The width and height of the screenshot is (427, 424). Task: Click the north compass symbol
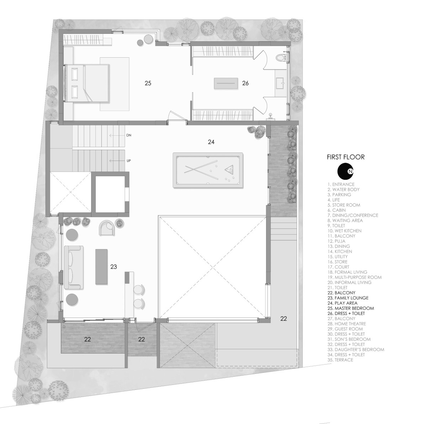[x=345, y=171]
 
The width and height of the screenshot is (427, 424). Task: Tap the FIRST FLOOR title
[x=346, y=157]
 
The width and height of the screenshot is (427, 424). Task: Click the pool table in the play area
[x=207, y=170]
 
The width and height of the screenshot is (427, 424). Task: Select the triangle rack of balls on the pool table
[x=230, y=170]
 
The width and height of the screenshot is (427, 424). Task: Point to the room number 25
[x=148, y=83]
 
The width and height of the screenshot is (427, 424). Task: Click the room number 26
[x=245, y=83]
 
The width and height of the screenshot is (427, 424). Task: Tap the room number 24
[x=211, y=142]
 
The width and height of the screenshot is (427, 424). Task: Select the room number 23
[x=114, y=267]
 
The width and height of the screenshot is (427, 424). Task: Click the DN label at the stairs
[x=128, y=135]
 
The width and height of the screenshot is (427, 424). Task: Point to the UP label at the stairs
[x=128, y=161]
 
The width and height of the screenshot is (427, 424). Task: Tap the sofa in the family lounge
[x=74, y=267]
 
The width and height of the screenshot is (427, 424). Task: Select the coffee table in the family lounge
[x=101, y=267]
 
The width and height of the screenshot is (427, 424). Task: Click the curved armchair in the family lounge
[x=107, y=227]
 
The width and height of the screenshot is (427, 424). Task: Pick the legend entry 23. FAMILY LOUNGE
[x=348, y=298]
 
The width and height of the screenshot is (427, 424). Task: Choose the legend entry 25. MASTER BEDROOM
[x=350, y=308]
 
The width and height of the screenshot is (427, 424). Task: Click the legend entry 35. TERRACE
[x=340, y=360]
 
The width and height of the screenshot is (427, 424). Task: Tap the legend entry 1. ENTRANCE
[x=341, y=184]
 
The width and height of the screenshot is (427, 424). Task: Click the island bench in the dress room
[x=226, y=83]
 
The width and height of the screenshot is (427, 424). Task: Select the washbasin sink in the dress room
[x=280, y=83]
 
